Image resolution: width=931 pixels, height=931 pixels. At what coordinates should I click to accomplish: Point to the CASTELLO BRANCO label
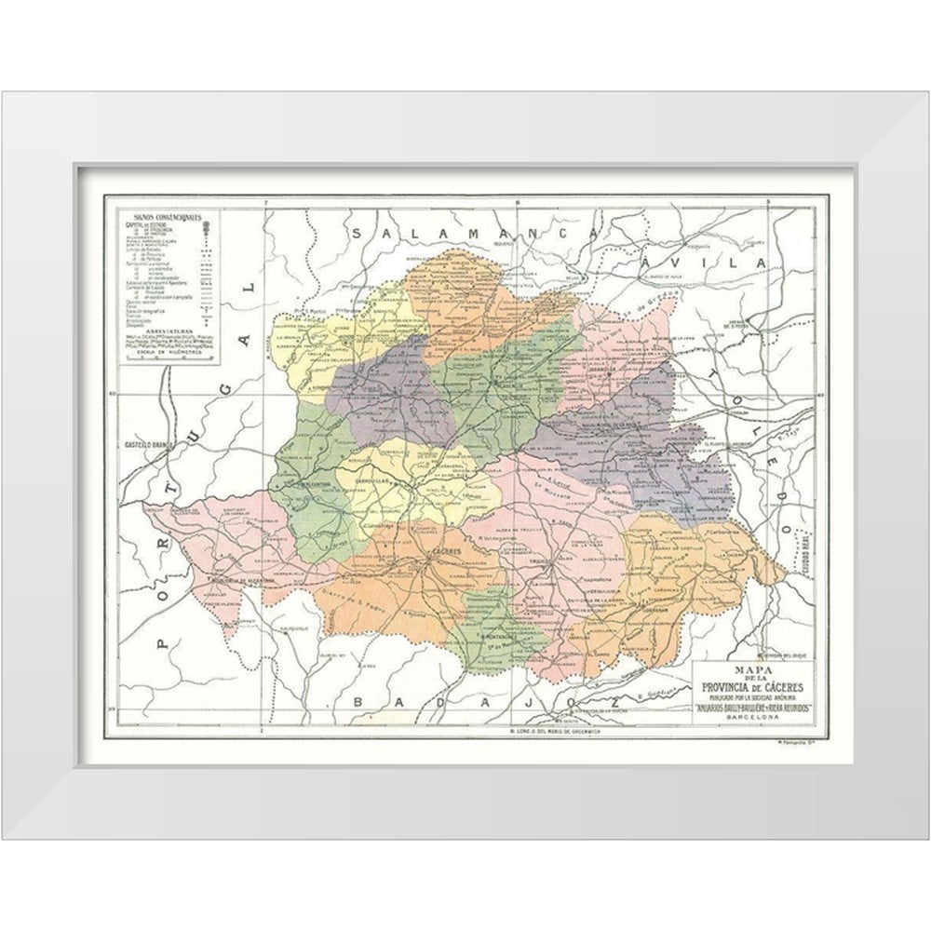pos(144,445)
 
